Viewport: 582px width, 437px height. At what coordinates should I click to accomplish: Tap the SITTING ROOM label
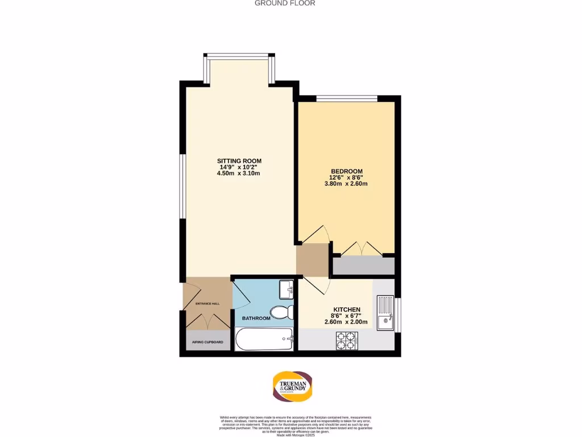239,160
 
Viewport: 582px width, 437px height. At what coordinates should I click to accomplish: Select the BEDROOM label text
347,171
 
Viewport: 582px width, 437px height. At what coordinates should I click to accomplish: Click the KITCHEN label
347,310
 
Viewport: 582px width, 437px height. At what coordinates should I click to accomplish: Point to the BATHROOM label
256,318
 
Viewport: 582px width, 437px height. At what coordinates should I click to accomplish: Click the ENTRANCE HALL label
207,304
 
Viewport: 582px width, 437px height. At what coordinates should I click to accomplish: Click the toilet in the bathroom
281,312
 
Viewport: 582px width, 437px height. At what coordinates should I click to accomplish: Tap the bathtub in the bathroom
264,340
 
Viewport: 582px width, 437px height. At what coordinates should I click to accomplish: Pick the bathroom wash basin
286,289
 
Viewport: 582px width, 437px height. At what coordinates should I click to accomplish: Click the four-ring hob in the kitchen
347,340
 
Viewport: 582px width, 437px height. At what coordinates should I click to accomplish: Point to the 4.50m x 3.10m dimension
239,174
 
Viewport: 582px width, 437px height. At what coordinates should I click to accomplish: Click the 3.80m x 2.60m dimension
347,184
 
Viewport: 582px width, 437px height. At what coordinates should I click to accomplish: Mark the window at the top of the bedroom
347,98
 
